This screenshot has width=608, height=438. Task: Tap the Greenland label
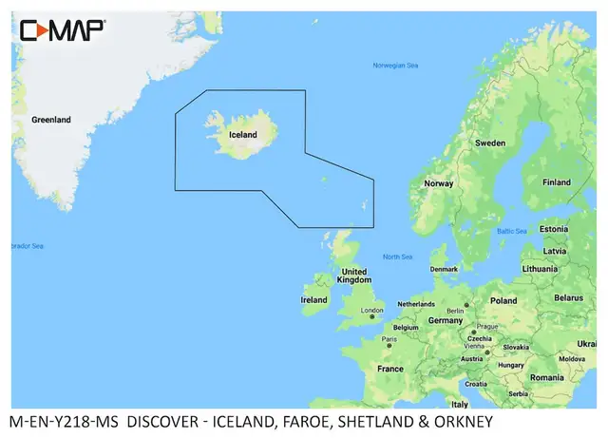pos(51,121)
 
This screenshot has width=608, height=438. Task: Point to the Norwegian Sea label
pos(395,66)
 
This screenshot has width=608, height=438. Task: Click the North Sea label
pos(397,257)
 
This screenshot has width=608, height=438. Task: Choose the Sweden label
pos(490,143)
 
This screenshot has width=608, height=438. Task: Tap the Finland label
pos(556,181)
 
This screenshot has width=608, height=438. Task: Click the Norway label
pos(438,183)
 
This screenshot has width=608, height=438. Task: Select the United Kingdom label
pos(354,276)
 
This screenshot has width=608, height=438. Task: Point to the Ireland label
pos(313,299)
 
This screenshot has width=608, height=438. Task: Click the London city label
pos(371,310)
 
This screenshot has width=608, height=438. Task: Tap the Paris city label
pos(389,338)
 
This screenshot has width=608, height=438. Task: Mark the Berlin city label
pos(456,310)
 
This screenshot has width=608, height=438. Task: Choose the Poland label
pos(503,300)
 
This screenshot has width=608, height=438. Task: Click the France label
pos(389,369)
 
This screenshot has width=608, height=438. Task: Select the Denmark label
pos(444,269)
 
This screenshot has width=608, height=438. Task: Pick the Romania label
pos(548,377)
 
